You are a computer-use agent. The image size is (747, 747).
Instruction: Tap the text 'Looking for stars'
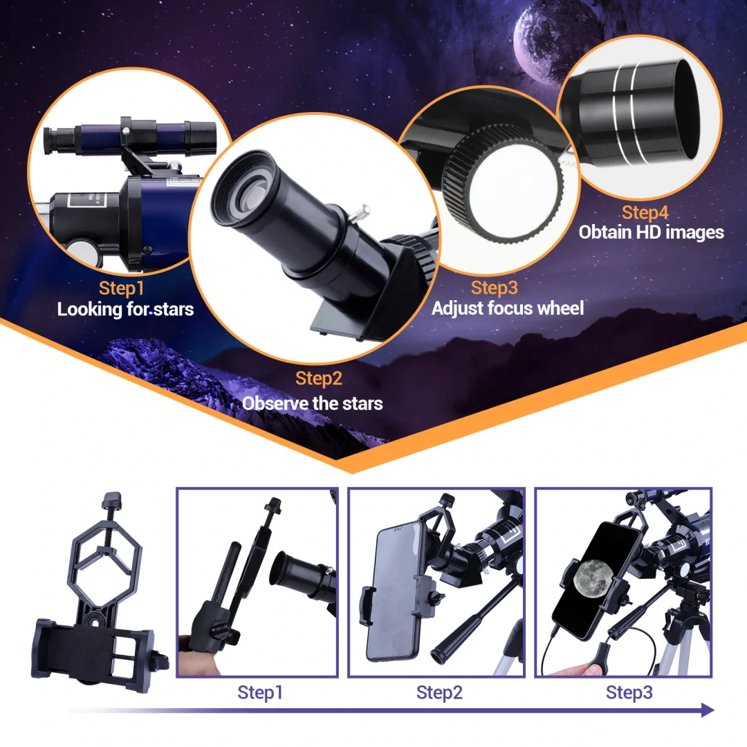coord(125,308)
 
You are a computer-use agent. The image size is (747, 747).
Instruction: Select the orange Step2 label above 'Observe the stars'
coord(319,378)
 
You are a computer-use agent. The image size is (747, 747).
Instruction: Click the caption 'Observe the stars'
coord(312,403)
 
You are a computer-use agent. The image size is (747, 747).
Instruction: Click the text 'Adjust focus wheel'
coord(508,308)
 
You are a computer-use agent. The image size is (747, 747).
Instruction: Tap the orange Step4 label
coord(645,212)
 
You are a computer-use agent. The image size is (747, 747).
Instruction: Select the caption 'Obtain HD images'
coord(651,232)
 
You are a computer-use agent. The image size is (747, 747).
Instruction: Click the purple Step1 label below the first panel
coord(260,692)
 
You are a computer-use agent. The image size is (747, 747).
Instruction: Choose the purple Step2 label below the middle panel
coord(439,692)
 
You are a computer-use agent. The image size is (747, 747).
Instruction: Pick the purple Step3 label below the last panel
coord(629,692)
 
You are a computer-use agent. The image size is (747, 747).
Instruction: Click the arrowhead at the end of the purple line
coord(706,710)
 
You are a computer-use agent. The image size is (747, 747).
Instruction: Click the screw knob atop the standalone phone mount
coord(111,500)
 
